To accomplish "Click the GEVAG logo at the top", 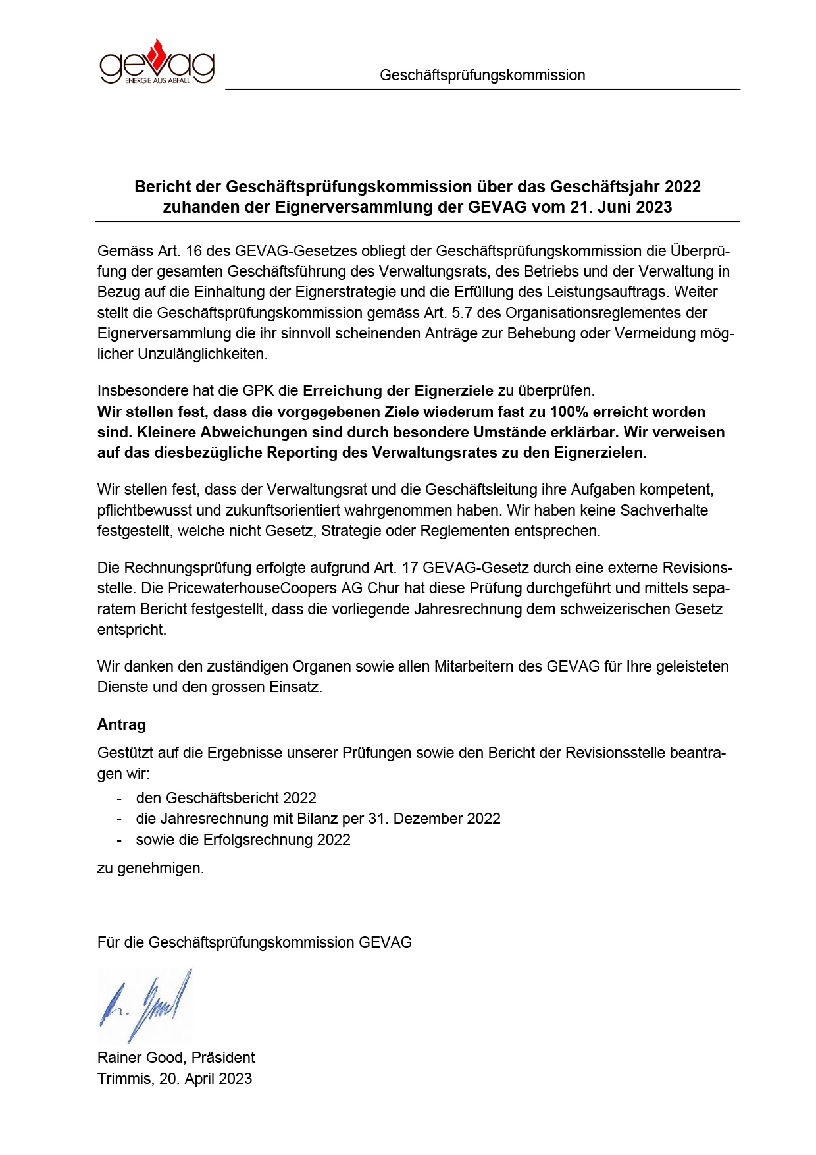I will tap(157, 63).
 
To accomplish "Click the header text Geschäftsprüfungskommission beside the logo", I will tap(482, 75).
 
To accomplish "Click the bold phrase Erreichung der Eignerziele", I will tap(397, 390).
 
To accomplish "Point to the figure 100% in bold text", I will tap(569, 412).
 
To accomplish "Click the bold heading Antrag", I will tap(121, 724).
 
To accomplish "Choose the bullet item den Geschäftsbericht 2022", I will tap(226, 798).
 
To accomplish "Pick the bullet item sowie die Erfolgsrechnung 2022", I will tap(243, 840).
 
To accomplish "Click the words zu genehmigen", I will tap(151, 868).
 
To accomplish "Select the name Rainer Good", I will tap(140, 1058).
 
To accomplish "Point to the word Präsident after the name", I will tap(223, 1058).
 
